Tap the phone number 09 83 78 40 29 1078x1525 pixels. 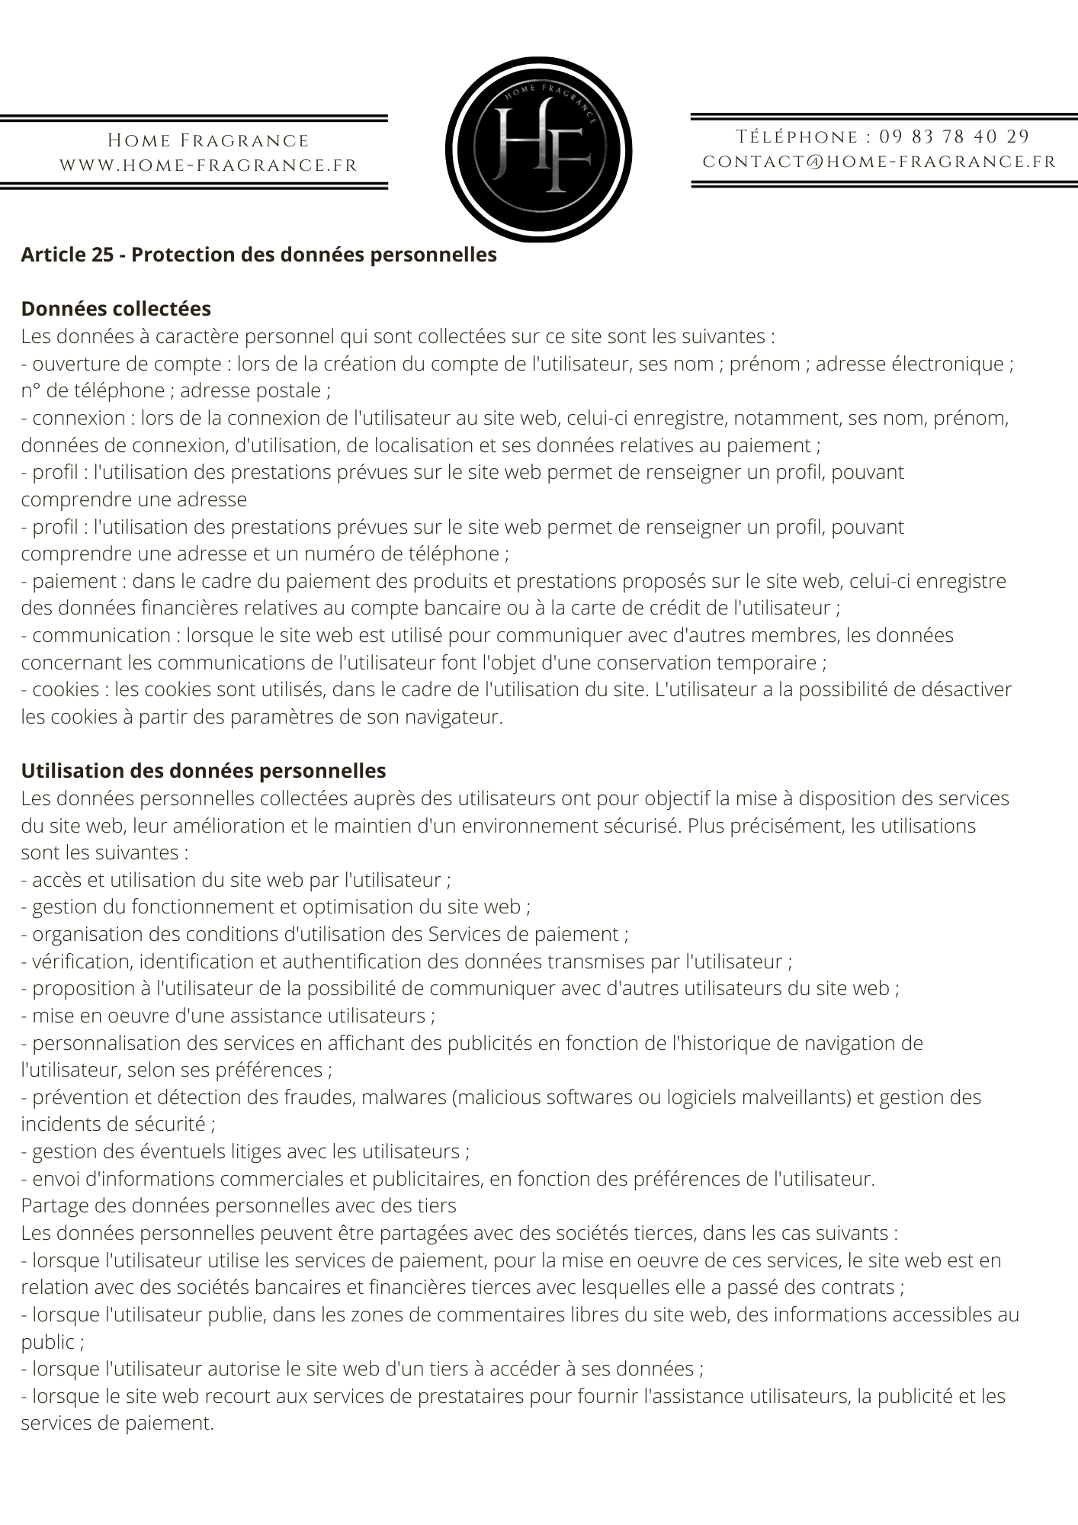coord(954,137)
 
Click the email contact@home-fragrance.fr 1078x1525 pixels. coord(879,162)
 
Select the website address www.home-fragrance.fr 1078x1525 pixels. coord(208,165)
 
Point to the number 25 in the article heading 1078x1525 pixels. coord(102,255)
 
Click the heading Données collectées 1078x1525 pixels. coord(116,309)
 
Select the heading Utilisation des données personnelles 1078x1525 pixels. coord(204,771)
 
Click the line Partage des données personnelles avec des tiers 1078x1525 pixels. coord(239,1206)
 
